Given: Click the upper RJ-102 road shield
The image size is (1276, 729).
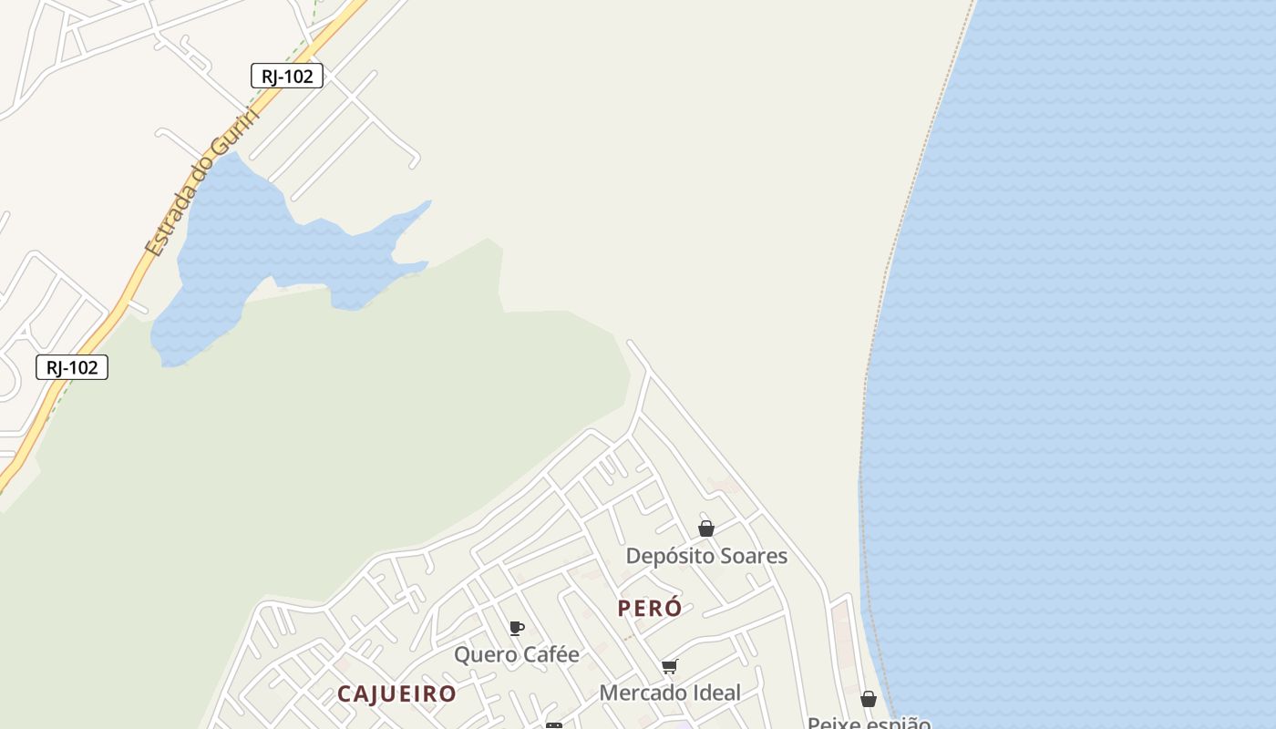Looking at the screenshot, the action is coord(287,77).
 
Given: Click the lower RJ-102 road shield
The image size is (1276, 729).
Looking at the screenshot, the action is coord(72,367).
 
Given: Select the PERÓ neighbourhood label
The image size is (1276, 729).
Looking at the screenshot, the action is coord(650,609).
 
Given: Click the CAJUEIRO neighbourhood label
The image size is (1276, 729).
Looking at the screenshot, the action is coord(396,693).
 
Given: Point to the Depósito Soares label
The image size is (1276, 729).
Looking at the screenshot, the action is coord(706,556).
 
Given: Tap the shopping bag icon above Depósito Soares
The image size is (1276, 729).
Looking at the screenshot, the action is coord(706,529).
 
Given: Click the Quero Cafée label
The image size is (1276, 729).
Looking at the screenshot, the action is coord(516,654).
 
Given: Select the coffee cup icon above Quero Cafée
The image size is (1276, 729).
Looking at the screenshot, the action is coord(516,628).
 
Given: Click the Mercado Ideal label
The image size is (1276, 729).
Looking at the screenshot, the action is coord(670,693).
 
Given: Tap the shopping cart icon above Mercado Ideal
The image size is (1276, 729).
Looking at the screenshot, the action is coord(670,666).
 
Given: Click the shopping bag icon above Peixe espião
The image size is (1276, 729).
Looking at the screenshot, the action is coord(869,699).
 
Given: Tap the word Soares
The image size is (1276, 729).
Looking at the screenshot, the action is coord(753,556).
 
